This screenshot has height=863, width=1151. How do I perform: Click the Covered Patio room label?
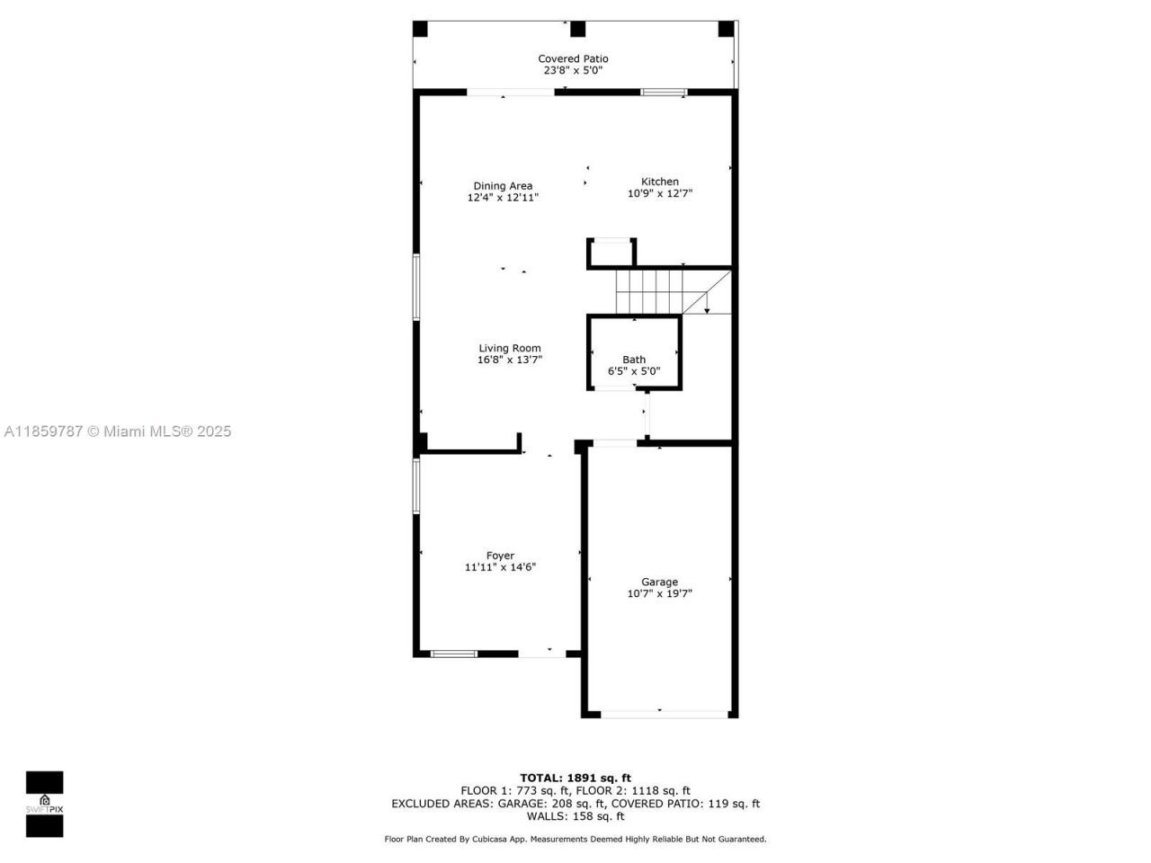(573, 58)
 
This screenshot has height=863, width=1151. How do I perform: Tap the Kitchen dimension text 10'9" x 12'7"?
(659, 193)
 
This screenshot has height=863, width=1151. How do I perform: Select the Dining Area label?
(503, 186)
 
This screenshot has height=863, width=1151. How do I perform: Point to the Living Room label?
(509, 348)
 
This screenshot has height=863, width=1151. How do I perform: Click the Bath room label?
(634, 360)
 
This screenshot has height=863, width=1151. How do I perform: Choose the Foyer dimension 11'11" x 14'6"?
(500, 567)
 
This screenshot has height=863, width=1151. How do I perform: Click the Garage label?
(659, 582)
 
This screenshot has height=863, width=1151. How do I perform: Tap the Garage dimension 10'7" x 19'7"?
(659, 593)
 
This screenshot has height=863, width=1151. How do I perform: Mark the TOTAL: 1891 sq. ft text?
(575, 778)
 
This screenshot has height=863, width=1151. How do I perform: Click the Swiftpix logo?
(44, 804)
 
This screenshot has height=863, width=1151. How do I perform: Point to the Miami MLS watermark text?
(118, 431)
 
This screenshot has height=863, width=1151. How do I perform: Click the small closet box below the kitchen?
(611, 254)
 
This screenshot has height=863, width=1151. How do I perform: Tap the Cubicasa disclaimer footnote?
(575, 839)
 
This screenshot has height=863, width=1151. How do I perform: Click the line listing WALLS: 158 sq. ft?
(575, 816)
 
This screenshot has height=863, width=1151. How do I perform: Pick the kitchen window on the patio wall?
(664, 92)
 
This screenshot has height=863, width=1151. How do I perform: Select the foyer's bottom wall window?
(453, 654)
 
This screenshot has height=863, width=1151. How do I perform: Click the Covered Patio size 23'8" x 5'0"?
(573, 70)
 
